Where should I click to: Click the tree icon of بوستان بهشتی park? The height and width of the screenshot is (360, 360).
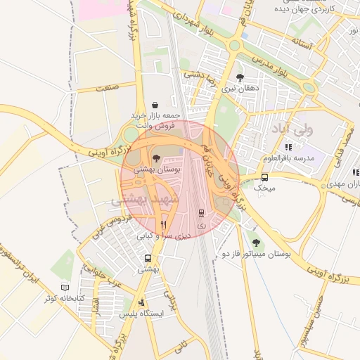pyautogui.click(x=156, y=158)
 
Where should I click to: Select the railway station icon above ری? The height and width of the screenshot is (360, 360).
pyautogui.click(x=201, y=212)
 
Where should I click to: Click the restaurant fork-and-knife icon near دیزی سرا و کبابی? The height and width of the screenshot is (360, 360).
pyautogui.click(x=163, y=225)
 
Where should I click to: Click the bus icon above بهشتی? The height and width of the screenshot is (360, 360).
pyautogui.click(x=148, y=258)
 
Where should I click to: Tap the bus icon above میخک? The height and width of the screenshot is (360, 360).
pyautogui.click(x=264, y=177)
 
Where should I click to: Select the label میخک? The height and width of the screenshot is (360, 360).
pyautogui.click(x=264, y=188)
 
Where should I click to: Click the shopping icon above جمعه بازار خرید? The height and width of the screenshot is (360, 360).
pyautogui.click(x=155, y=105)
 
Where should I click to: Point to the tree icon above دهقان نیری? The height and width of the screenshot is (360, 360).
pyautogui.click(x=240, y=77)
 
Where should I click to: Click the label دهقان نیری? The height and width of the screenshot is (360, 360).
pyautogui.click(x=240, y=89)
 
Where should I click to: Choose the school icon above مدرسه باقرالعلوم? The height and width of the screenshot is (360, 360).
pyautogui.click(x=288, y=147)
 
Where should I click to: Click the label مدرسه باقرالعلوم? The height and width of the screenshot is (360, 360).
pyautogui.click(x=288, y=158)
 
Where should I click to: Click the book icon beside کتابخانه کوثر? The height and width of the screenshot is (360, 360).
pyautogui.click(x=65, y=288)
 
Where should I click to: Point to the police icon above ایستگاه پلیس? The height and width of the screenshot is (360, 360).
pyautogui.click(x=142, y=303)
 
